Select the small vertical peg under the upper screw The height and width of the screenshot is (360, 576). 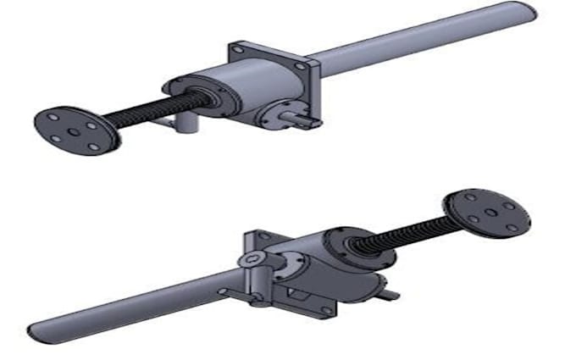(x=185, y=123)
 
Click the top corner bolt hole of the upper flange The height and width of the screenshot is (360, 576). (x=240, y=50)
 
